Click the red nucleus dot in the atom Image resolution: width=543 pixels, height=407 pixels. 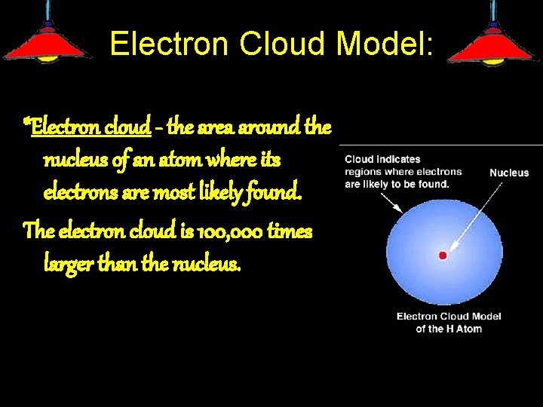[443, 256]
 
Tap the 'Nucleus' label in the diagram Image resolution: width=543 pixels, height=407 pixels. [509, 173]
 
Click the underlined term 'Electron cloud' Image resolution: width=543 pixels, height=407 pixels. [90, 127]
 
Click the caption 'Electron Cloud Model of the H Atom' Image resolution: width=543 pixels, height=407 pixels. [449, 322]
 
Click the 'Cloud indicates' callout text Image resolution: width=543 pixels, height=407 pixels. [382, 159]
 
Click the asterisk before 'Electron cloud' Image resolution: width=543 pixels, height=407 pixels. [27, 123]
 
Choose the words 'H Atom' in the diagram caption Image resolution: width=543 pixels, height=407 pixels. [464, 329]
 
